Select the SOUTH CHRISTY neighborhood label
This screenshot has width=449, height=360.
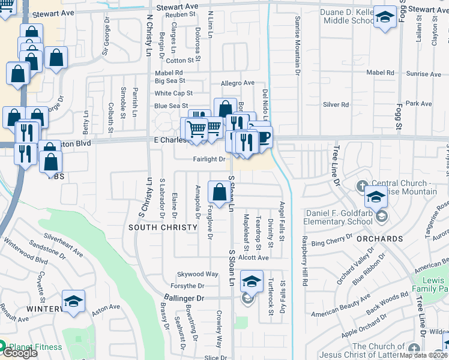tap(163, 227)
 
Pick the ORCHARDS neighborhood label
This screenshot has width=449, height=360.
tap(378, 239)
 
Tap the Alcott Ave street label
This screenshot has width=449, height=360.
tap(253, 257)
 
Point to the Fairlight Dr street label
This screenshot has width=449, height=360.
tap(208, 160)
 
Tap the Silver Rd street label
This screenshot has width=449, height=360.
tap(336, 104)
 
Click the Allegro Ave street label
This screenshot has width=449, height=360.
tap(238, 83)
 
